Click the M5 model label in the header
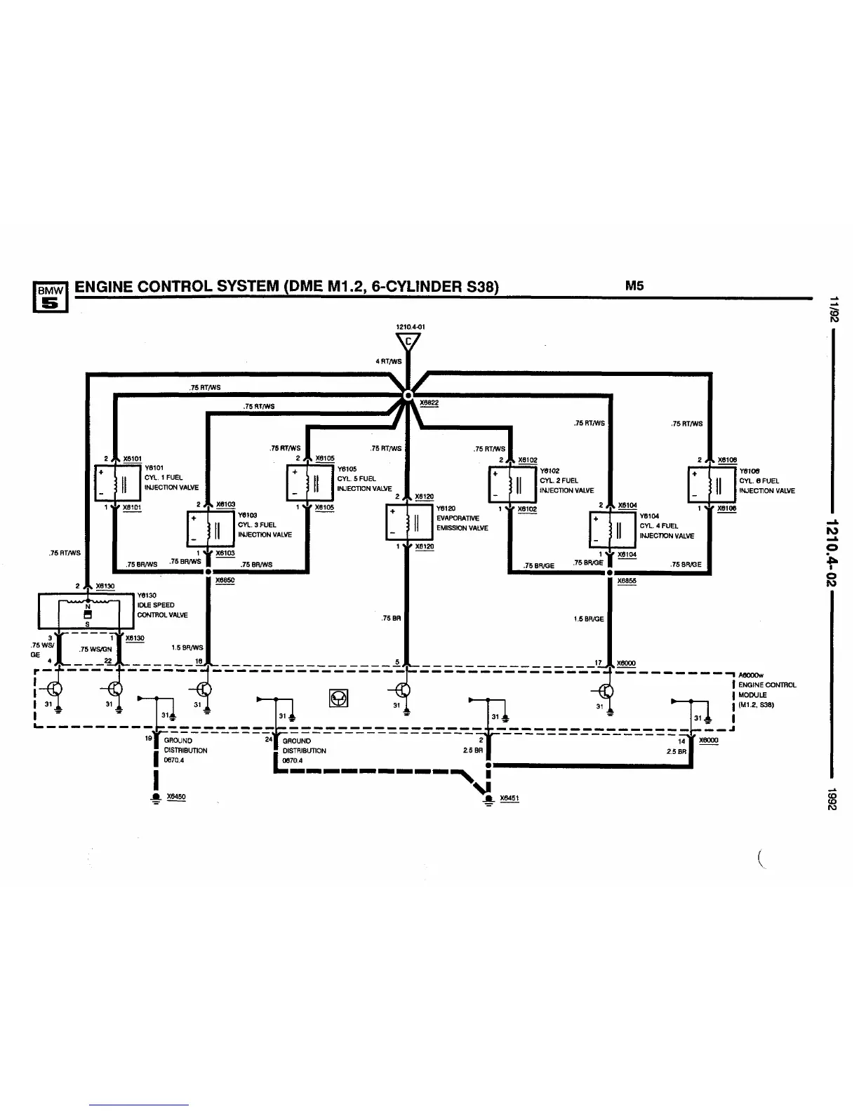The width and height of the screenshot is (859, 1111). coord(634,285)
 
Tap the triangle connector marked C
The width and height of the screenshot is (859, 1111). coord(408,342)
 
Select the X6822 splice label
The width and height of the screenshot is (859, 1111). coord(428,403)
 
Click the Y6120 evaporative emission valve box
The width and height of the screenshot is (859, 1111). coord(405,523)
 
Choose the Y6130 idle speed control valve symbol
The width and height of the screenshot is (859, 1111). coord(87,611)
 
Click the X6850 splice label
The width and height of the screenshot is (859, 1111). coord(225,581)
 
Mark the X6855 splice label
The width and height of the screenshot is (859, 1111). coord(627,581)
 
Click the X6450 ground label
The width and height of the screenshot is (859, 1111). coord(176,797)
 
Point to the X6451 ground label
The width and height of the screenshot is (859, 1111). coord(510,798)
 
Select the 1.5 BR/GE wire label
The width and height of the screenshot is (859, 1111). coord(589,619)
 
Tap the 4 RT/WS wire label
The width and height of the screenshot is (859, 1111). coord(389,361)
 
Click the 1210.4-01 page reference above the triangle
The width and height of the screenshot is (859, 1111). coord(411,326)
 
